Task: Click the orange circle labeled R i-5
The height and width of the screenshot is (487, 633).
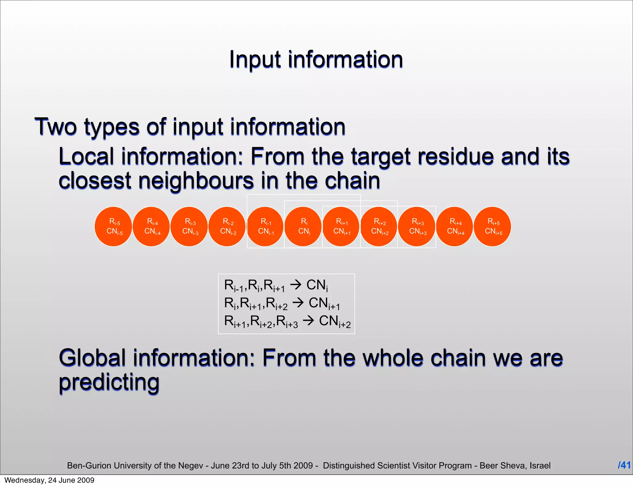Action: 114,227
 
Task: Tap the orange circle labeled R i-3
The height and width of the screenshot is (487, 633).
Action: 189,227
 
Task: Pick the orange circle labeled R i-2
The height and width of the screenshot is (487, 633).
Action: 227,227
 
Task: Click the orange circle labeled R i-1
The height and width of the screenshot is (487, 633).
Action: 265,227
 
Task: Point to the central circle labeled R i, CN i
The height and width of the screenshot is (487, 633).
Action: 303,227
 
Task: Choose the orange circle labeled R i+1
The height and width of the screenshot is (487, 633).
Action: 341,227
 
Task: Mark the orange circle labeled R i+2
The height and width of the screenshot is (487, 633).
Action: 379,227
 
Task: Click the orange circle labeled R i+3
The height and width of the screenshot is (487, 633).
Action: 417,227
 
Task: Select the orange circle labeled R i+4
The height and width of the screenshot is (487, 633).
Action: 455,227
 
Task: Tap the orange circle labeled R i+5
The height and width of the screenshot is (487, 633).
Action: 493,227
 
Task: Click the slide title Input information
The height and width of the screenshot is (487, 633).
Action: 316,59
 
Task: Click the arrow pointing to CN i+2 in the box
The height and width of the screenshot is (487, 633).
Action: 308,321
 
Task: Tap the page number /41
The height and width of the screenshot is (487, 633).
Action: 624,465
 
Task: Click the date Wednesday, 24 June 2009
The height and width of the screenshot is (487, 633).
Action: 49,480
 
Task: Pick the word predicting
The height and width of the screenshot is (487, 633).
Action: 109,383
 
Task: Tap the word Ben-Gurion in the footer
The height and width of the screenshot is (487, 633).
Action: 87,466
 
